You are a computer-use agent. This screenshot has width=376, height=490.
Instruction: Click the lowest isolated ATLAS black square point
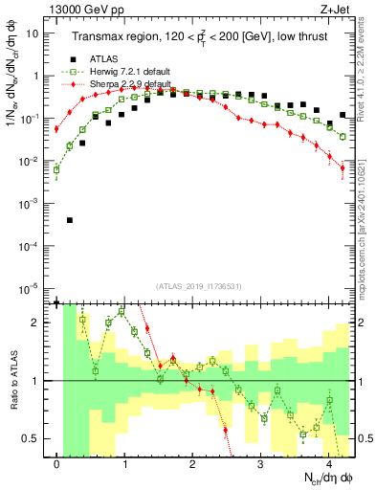coord(70,220)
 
